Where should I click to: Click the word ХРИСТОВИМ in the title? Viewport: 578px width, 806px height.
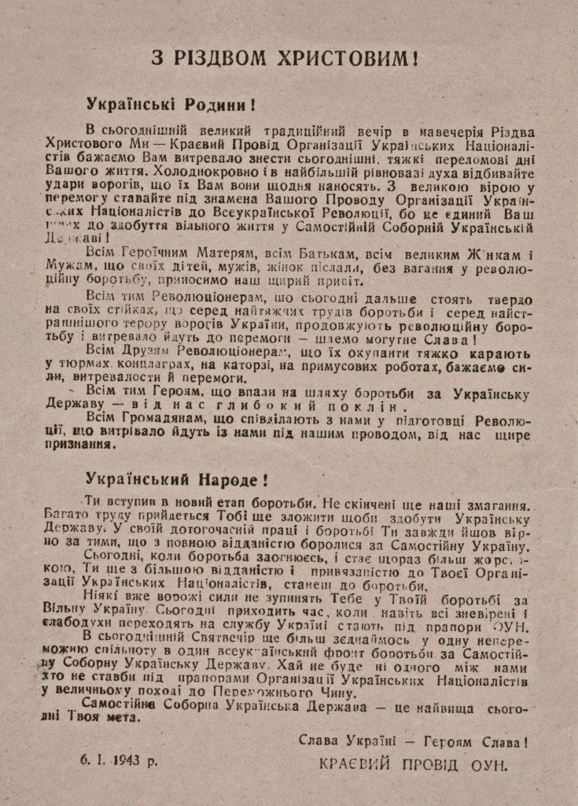341,58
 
